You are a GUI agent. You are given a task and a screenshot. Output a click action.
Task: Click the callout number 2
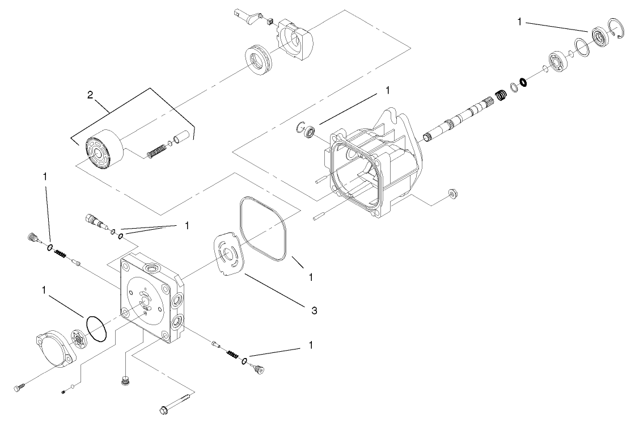point(90,94)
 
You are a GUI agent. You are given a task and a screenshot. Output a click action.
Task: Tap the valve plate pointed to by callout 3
point(227,253)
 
